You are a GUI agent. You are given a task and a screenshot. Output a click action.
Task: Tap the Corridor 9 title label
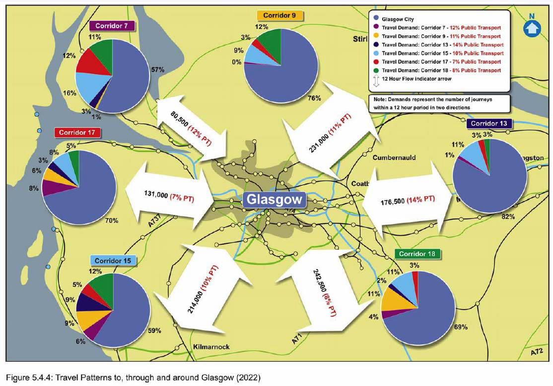tap(280, 15)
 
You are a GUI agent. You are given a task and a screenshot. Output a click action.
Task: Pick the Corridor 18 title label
tap(417, 254)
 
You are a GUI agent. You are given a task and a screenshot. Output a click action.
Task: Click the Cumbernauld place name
tap(394, 158)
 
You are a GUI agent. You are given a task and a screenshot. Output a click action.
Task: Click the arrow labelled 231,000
tap(329, 132)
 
